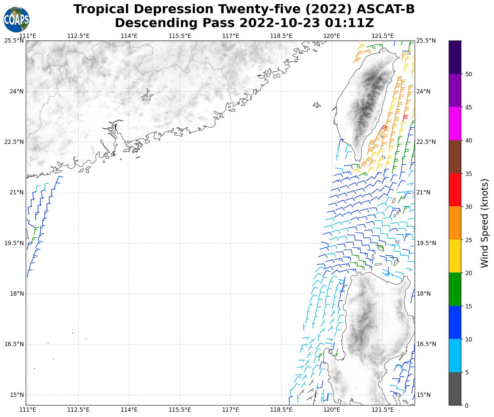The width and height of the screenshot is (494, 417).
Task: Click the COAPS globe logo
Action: point(17,19)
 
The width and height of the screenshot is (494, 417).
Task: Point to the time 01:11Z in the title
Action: point(349,23)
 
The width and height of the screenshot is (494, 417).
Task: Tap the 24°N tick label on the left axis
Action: point(16,91)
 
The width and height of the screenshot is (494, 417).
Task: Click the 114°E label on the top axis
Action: point(129,36)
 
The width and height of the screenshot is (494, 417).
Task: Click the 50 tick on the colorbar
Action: point(468,74)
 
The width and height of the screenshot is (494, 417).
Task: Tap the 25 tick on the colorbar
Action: point(468,240)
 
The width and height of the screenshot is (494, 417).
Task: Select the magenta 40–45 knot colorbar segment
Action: point(455,124)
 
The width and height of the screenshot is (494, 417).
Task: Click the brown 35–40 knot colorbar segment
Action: point(455,157)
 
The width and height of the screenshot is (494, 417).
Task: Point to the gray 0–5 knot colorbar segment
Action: point(455,389)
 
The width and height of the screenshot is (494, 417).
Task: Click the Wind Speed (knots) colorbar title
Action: point(484,223)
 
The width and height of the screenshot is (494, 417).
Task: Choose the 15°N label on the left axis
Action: point(16,395)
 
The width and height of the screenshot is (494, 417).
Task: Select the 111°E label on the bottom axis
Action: point(28,410)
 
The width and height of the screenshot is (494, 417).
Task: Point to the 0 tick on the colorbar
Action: point(466,405)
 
